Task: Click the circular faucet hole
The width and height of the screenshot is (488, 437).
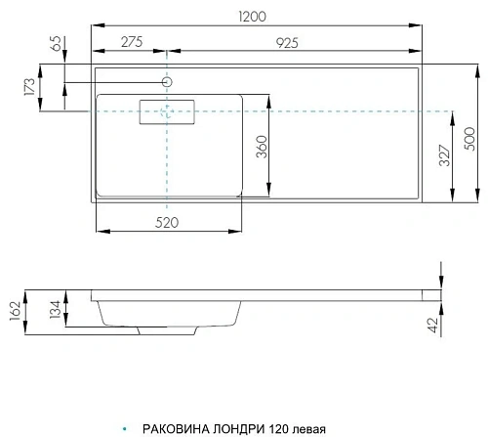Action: tap(167, 82)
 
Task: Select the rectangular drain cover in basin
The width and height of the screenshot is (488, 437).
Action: tap(168, 112)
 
